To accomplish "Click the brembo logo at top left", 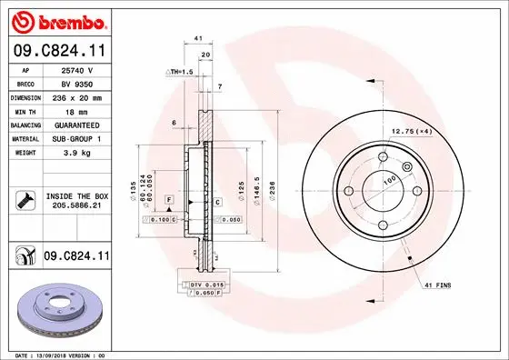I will point(56,19).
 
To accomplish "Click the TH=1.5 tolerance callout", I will point(180,70).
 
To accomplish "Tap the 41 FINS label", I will point(438,285).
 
